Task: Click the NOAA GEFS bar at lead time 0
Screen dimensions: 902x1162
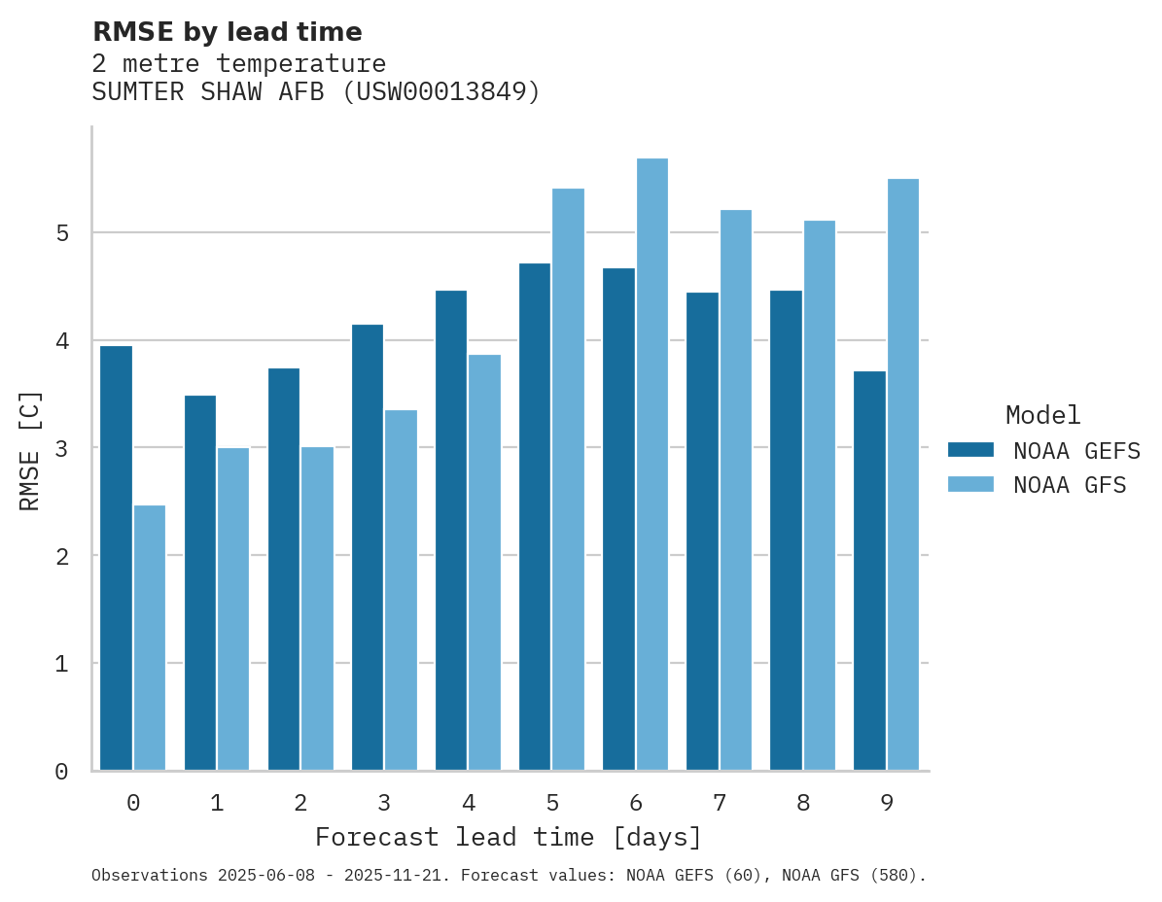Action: pos(116,558)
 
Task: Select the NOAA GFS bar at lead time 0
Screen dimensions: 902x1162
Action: pos(150,638)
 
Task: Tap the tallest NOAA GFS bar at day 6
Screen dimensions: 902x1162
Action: pos(651,465)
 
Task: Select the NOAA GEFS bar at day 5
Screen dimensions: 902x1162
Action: pos(535,517)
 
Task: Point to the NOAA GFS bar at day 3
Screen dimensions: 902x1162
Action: pos(401,590)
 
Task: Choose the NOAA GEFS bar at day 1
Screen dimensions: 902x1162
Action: pos(199,583)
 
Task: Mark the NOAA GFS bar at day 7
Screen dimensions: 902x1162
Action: pos(735,490)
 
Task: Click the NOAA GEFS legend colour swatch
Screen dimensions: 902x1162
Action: pos(970,450)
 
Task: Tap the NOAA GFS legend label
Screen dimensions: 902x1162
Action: pos(1069,485)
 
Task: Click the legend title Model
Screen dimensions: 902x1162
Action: pos(1042,415)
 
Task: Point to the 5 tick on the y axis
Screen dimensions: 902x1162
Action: pos(61,233)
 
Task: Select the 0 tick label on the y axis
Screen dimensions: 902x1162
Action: pos(61,772)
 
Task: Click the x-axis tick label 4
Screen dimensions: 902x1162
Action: pos(469,803)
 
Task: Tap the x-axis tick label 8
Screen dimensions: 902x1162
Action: pos(803,803)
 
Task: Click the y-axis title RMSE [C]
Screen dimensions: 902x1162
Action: pos(30,450)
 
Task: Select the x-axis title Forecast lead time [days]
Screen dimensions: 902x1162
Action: pos(508,837)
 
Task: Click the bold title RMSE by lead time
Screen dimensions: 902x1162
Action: pos(227,32)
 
